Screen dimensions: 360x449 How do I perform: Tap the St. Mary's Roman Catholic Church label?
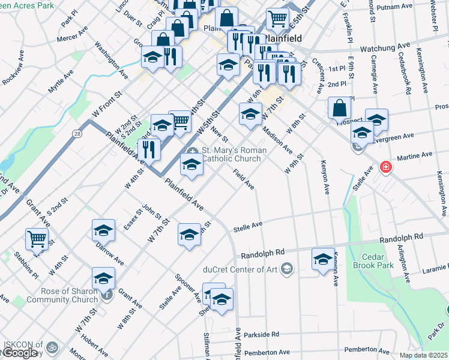pyautogui.click(x=231, y=154)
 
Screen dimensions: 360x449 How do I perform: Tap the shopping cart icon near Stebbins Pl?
pyautogui.click(x=37, y=239)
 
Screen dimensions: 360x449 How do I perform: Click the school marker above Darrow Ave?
pyautogui.click(x=103, y=230)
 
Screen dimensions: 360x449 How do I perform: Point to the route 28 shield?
pyautogui.click(x=77, y=134)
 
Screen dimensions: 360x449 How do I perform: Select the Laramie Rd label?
pyautogui.click(x=433, y=271)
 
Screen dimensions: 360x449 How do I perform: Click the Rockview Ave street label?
pyautogui.click(x=13, y=67)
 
